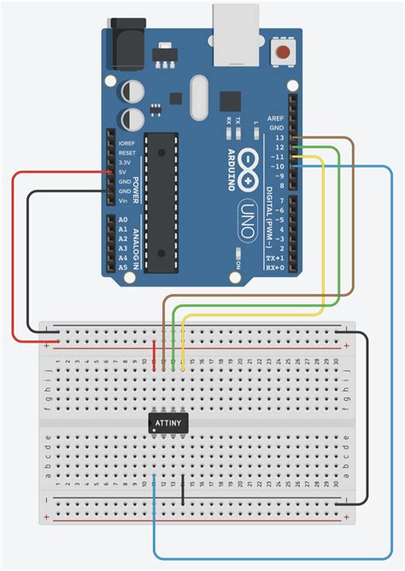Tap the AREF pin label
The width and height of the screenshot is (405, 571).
(x=275, y=118)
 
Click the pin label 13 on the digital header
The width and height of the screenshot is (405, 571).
(x=279, y=138)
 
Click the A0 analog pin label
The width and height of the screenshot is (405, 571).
(x=123, y=221)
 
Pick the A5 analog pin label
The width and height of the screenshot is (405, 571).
(x=123, y=268)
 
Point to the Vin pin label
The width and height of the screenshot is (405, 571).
(x=125, y=202)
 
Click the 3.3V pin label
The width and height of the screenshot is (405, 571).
(x=126, y=162)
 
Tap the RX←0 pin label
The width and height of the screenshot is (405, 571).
(x=275, y=267)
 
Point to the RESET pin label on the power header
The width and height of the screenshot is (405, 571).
(x=127, y=152)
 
